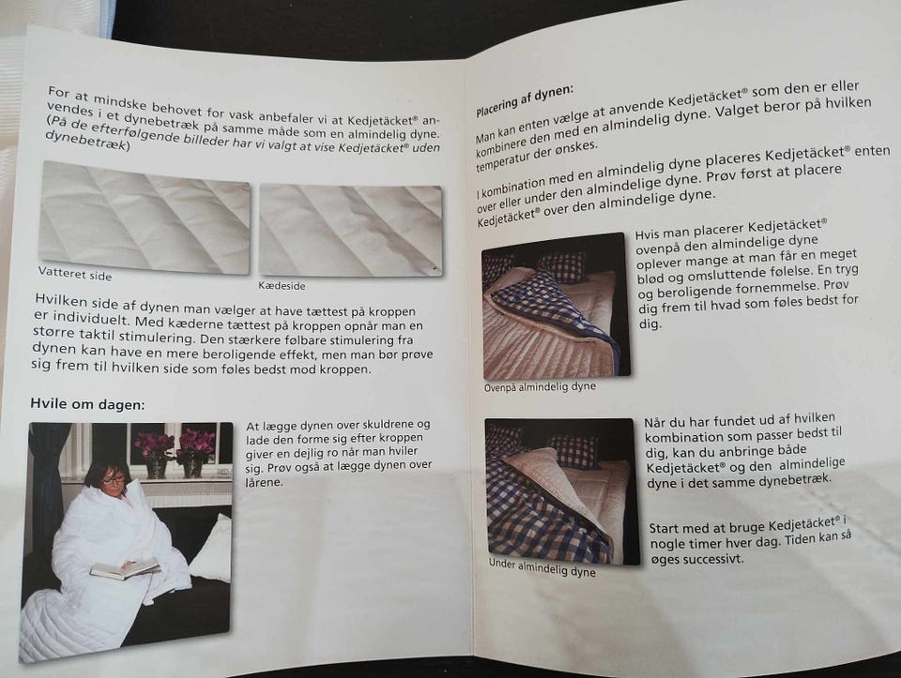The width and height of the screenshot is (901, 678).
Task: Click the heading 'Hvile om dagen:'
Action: [x=87, y=404]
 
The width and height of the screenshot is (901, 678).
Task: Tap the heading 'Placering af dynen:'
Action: [x=525, y=101]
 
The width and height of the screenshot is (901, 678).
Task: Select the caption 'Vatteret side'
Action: [x=75, y=274]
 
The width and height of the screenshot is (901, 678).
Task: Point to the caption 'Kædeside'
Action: [x=282, y=285]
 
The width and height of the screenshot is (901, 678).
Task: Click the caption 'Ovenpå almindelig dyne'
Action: [x=540, y=387]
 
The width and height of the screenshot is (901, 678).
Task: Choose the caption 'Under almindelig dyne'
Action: [x=542, y=567]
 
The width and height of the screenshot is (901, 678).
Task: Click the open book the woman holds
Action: [x=125, y=568]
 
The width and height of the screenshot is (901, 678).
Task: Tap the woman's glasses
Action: [x=114, y=479]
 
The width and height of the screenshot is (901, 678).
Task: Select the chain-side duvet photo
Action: [x=350, y=230]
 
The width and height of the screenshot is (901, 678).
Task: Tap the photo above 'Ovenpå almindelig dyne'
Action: [x=556, y=306]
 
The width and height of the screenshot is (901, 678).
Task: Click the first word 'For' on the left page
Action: [x=60, y=93]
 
